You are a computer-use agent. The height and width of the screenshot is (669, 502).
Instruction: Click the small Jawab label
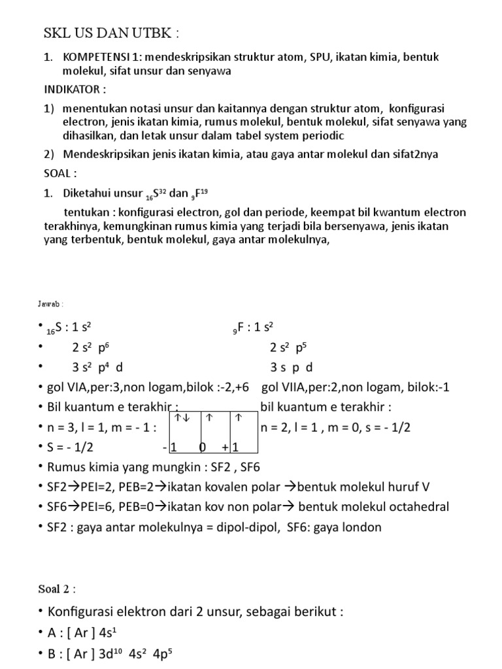(50, 304)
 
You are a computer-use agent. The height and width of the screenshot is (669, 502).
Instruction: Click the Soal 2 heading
(56, 589)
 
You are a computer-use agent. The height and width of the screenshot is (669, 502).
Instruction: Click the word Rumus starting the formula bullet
(67, 468)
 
